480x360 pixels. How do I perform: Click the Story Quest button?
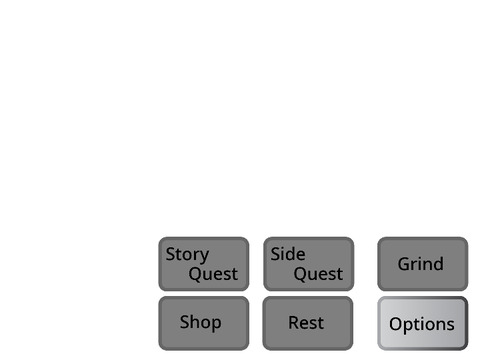[x=204, y=264]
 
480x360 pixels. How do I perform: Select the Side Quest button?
[x=309, y=264]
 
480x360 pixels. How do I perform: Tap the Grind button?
[x=423, y=264]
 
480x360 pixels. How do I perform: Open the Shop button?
[x=204, y=323]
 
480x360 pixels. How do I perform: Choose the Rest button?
[x=308, y=323]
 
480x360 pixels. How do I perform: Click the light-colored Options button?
[x=423, y=323]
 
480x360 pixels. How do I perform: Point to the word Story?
[x=187, y=255]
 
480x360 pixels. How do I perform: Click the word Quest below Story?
[x=213, y=274]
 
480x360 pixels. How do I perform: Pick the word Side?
[x=288, y=254]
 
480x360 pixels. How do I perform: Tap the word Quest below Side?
[x=318, y=274]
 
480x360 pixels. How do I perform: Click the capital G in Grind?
[x=404, y=264]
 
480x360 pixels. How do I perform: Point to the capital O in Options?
[x=396, y=324]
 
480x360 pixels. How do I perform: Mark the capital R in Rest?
[x=294, y=323]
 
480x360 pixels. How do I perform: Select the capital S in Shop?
[x=185, y=322]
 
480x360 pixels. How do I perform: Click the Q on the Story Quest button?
[x=195, y=274]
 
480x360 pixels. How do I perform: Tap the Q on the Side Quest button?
[x=300, y=274]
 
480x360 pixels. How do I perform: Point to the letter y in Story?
[x=204, y=257]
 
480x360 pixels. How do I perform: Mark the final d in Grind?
[x=438, y=263]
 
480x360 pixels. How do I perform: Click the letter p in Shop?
[x=216, y=324]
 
